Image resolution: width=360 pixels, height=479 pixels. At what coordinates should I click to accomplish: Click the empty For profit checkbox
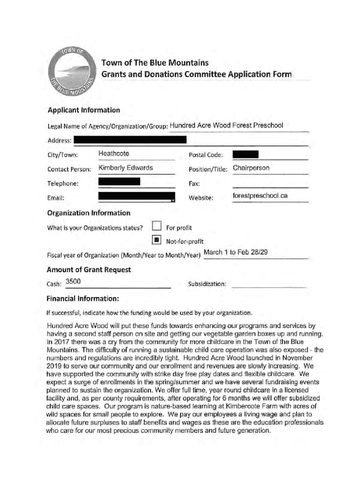tap(157, 227)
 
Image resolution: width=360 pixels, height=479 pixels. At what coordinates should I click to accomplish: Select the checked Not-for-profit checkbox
tap(157, 241)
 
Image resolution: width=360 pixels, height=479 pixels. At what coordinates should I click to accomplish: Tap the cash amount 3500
tap(73, 281)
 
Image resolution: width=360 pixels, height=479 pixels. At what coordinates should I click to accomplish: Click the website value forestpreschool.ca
tap(260, 196)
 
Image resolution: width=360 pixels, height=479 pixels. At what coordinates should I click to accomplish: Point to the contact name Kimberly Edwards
tap(126, 168)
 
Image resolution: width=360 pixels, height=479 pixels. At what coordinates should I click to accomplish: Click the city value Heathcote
tap(114, 153)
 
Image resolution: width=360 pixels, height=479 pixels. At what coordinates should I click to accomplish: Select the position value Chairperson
tap(251, 168)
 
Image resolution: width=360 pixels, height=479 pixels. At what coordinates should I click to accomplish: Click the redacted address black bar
tap(130, 139)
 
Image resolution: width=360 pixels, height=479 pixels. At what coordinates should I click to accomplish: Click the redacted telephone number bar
tap(120, 182)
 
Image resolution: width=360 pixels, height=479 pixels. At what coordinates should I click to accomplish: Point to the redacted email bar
tap(137, 197)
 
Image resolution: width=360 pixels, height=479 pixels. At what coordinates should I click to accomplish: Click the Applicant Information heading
tap(84, 110)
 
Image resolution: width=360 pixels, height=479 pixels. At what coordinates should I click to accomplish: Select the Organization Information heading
tap(89, 213)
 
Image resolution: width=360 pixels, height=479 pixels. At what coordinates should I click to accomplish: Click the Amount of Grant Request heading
tap(89, 270)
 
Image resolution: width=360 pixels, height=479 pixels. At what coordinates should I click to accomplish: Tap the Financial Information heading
tap(83, 298)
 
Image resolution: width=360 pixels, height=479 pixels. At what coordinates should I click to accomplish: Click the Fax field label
tap(194, 184)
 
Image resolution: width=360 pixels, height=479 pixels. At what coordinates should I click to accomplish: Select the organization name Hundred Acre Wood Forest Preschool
tap(226, 125)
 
